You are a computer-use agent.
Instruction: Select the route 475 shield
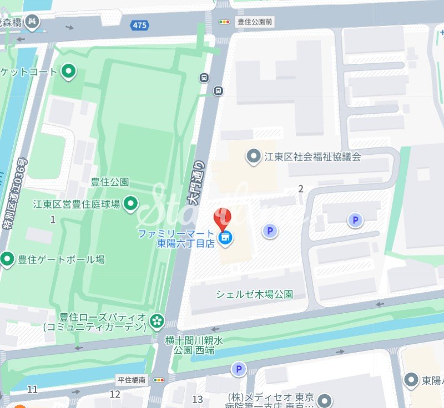coord(139,25)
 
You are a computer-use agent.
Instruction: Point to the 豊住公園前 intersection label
coord(254,22)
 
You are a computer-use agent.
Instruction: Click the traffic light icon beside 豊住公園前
coord(224,22)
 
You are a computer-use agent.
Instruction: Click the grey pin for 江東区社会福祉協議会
coord(254,156)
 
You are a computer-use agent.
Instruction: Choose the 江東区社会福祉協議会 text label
coord(312,157)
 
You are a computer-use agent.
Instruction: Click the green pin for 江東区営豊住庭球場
coord(131,204)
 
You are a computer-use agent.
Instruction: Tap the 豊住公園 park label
coord(110,182)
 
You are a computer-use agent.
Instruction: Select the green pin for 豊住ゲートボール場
coord(7,259)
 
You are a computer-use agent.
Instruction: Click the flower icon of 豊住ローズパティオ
coord(158,320)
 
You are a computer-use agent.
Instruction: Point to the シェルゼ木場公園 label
coord(254,294)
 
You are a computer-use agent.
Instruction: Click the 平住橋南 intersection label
coord(131,380)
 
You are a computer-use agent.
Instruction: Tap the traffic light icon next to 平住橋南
coord(160,380)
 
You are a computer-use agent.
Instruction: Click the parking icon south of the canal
coord(239,369)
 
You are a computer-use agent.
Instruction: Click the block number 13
coord(198,399)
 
